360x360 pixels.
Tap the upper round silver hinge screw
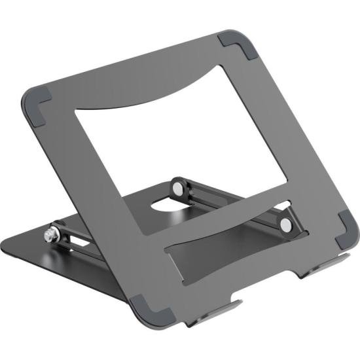178,188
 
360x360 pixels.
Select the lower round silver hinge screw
285,225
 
